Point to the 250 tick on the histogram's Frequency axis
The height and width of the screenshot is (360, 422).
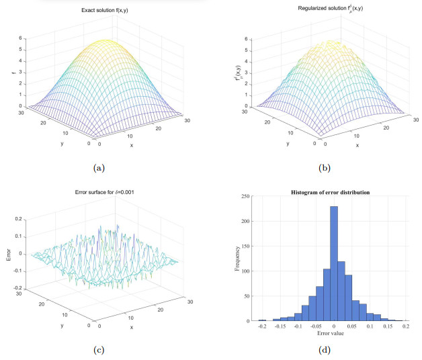[249, 196]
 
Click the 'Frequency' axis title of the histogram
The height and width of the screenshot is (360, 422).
[235, 260]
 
